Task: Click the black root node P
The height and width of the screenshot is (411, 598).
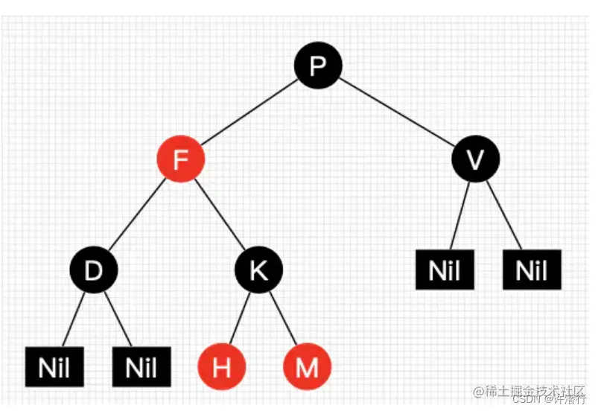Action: click(x=318, y=66)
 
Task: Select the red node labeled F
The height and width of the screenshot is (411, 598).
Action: click(x=179, y=159)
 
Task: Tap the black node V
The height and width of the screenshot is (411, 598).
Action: click(x=476, y=159)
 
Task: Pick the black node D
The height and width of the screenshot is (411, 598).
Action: click(x=94, y=270)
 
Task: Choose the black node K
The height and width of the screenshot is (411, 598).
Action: click(x=258, y=270)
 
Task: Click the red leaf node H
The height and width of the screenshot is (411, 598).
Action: click(x=221, y=367)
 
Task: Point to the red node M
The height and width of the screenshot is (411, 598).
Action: click(x=307, y=367)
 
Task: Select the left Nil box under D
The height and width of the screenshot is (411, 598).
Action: click(x=54, y=367)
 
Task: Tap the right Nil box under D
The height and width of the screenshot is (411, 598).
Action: click(x=142, y=367)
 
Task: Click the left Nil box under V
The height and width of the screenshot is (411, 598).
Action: click(x=445, y=270)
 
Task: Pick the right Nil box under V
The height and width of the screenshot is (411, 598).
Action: click(x=532, y=270)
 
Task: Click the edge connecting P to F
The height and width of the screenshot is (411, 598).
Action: click(x=249, y=112)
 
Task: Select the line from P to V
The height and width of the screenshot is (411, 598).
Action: click(x=397, y=112)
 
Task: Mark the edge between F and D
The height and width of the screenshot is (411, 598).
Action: click(x=137, y=214)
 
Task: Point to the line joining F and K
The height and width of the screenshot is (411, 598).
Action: click(x=219, y=214)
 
